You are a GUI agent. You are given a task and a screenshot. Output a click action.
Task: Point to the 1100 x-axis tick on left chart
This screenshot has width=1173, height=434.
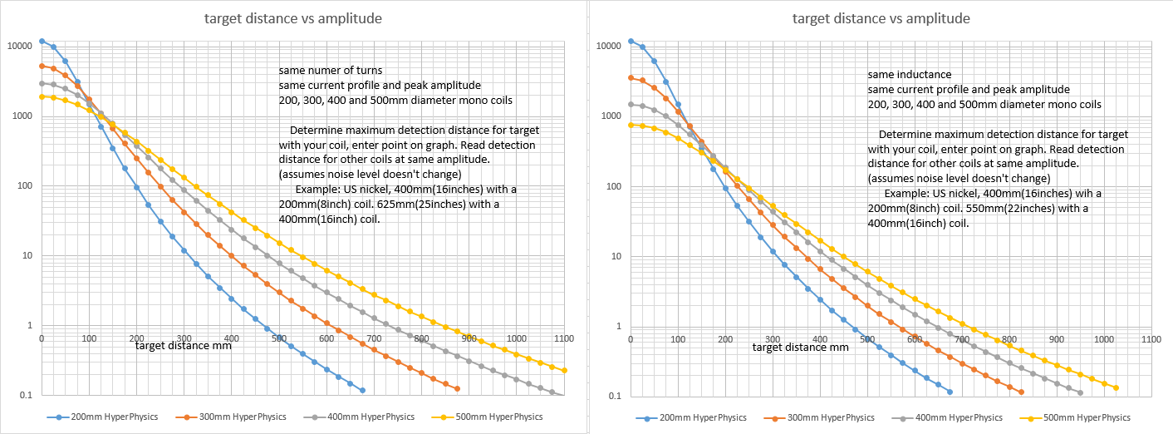(565, 339)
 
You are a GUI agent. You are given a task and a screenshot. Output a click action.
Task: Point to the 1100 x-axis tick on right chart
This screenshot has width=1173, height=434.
(1151, 339)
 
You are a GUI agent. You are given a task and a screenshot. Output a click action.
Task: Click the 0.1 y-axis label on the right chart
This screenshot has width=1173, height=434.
(617, 397)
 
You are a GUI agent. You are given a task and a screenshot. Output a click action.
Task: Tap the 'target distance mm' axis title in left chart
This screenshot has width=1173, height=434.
(184, 346)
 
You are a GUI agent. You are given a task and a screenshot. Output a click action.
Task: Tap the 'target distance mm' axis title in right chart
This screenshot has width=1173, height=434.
(801, 347)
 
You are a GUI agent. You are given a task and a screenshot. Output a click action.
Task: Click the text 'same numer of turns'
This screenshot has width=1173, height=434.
(331, 71)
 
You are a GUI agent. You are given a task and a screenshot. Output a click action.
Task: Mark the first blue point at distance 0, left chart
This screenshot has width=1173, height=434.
(42, 41)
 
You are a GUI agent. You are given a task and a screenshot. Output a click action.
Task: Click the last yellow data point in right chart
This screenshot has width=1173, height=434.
(1116, 387)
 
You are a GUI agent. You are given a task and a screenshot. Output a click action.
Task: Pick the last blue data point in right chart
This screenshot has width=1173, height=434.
(950, 392)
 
